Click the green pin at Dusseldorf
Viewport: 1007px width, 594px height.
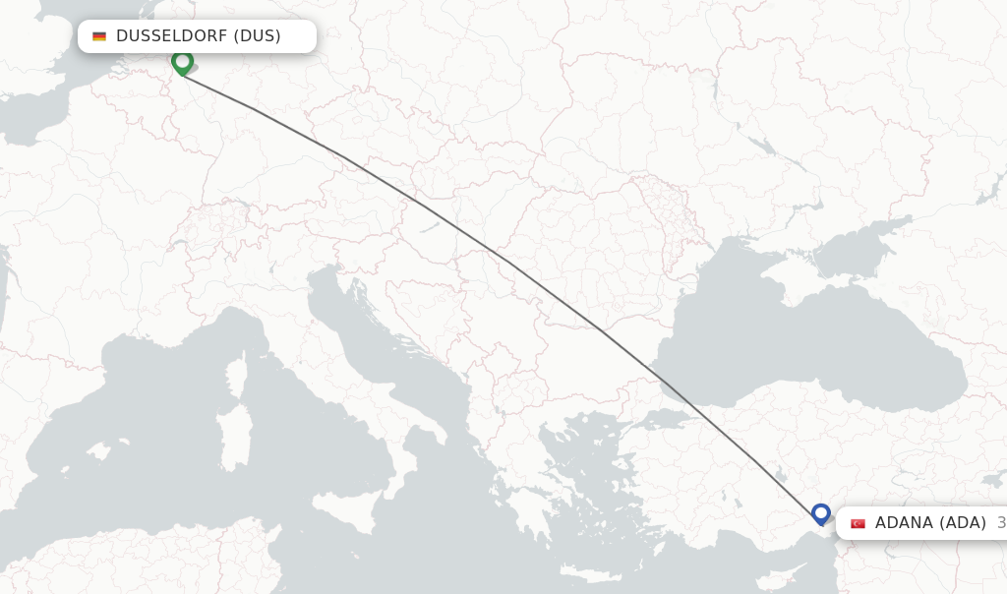pos(182,62)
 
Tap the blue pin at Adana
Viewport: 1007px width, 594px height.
pos(821,513)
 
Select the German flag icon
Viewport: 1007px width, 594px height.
pos(99,36)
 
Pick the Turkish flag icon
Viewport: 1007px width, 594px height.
pos(858,523)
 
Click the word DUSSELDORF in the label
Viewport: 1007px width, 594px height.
pos(171,36)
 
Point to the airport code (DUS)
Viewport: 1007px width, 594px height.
pos(257,36)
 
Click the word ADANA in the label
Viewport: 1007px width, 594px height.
pos(902,523)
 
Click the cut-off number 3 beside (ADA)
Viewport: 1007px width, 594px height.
pos(1000,523)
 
